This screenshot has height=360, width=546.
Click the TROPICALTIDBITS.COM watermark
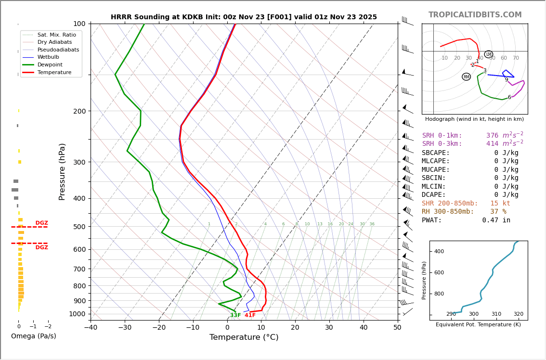point(475,15)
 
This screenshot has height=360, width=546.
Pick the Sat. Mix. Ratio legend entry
point(56,35)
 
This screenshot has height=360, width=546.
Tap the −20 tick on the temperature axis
point(159,328)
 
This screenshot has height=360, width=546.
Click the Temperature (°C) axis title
point(244,337)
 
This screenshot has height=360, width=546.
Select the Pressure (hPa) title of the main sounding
point(62,171)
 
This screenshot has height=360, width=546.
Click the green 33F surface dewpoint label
point(235,315)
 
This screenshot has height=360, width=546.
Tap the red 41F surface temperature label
point(250,315)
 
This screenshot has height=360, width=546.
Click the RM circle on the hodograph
point(466,77)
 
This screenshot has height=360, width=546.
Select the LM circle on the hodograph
point(489,54)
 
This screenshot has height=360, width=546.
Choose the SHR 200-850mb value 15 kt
point(500,204)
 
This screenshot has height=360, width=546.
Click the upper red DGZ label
point(42,223)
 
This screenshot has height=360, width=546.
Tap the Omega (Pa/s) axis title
point(34,336)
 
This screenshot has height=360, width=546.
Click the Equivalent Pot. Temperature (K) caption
point(478,324)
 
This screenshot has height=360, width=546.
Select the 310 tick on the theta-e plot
point(496,314)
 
